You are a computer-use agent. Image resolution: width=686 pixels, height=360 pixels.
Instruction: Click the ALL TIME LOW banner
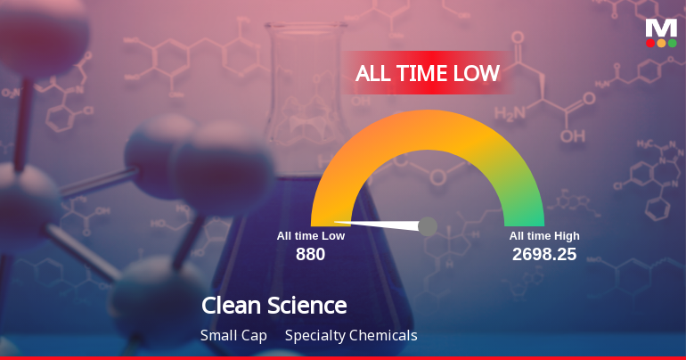click(x=427, y=73)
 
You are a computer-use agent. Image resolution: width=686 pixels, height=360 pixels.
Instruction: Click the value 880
click(x=310, y=254)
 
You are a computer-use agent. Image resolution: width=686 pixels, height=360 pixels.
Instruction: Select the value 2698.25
click(x=543, y=254)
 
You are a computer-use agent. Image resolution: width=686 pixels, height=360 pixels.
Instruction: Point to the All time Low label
click(x=310, y=236)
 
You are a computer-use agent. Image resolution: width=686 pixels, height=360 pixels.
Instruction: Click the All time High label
click(x=544, y=236)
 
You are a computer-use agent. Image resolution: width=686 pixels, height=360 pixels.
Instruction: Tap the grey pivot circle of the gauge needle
click(x=428, y=226)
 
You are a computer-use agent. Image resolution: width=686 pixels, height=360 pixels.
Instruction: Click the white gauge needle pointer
click(x=374, y=222)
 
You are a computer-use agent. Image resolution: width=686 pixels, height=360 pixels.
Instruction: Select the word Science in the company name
click(x=307, y=306)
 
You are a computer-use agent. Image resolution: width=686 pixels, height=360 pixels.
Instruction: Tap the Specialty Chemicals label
click(x=351, y=336)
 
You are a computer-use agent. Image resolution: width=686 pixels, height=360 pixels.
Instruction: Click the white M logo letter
click(x=661, y=28)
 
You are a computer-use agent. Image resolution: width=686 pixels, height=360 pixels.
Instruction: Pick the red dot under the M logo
click(x=650, y=43)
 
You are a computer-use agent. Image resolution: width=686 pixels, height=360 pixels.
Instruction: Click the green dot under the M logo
click(x=672, y=43)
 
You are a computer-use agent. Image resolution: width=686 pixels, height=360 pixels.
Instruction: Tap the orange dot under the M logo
click(x=661, y=43)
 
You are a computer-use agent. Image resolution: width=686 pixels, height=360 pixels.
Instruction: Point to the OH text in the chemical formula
click(x=574, y=137)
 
